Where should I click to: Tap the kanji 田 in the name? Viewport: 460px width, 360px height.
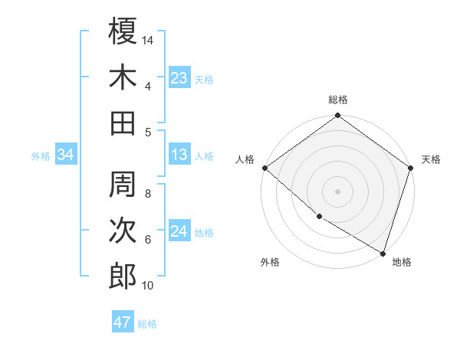(x=123, y=123)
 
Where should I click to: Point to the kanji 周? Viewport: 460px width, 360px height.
(x=123, y=184)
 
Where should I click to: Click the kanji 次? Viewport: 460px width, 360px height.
(x=123, y=230)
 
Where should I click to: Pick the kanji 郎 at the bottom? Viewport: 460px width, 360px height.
(x=123, y=276)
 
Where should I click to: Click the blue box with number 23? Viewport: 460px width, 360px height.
(x=179, y=77)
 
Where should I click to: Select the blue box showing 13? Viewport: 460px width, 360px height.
(x=179, y=155)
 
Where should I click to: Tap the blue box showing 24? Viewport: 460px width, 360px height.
(x=179, y=231)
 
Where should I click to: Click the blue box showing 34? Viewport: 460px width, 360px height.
(x=66, y=155)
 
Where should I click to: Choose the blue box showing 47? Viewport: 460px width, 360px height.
(x=123, y=322)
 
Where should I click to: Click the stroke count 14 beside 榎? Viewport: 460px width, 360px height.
(x=148, y=40)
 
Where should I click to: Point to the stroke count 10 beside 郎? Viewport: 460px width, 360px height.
(x=148, y=286)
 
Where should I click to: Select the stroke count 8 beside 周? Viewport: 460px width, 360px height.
(x=148, y=194)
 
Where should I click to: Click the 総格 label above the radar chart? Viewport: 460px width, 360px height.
(x=338, y=100)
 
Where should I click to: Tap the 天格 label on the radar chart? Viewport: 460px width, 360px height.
(x=431, y=159)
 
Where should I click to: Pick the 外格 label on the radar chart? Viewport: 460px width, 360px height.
(x=270, y=262)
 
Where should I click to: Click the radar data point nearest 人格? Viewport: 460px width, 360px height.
(x=264, y=168)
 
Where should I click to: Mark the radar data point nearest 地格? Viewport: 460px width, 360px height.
(x=383, y=252)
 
